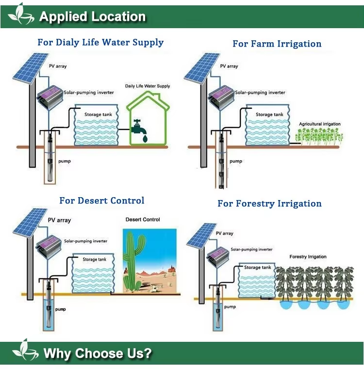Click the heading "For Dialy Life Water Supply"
pos(100,42)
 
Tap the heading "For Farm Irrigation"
pos(277,44)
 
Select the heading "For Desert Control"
pos(102,201)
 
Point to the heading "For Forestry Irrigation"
pos(269,203)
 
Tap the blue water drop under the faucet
pos(144,139)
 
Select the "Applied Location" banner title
pos(92,17)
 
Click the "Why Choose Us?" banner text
pos(98,353)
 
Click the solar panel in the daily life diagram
pos(24,68)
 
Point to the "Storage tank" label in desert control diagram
pos(94,259)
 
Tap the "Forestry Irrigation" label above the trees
pos(308,256)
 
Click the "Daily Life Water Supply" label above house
pos(148,86)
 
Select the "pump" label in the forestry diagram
pos(230,307)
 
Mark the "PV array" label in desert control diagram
pos(59,220)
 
